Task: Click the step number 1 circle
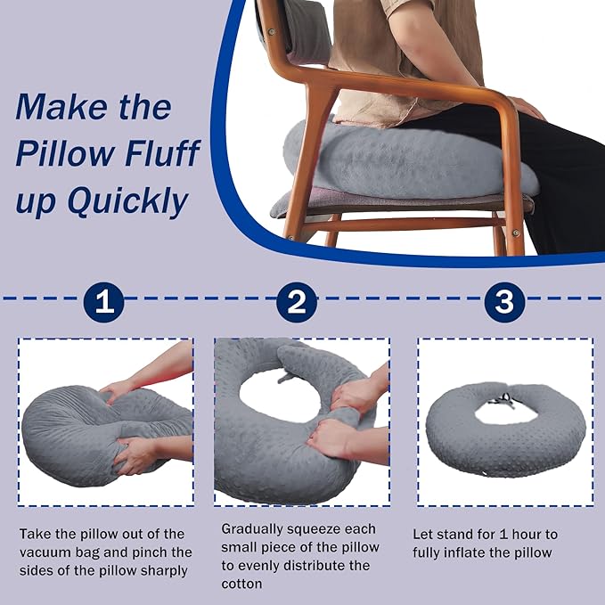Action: pyautogui.click(x=105, y=302)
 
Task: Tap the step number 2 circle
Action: pyautogui.click(x=297, y=302)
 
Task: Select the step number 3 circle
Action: pyautogui.click(x=504, y=302)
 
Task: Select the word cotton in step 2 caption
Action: pyautogui.click(x=242, y=585)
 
